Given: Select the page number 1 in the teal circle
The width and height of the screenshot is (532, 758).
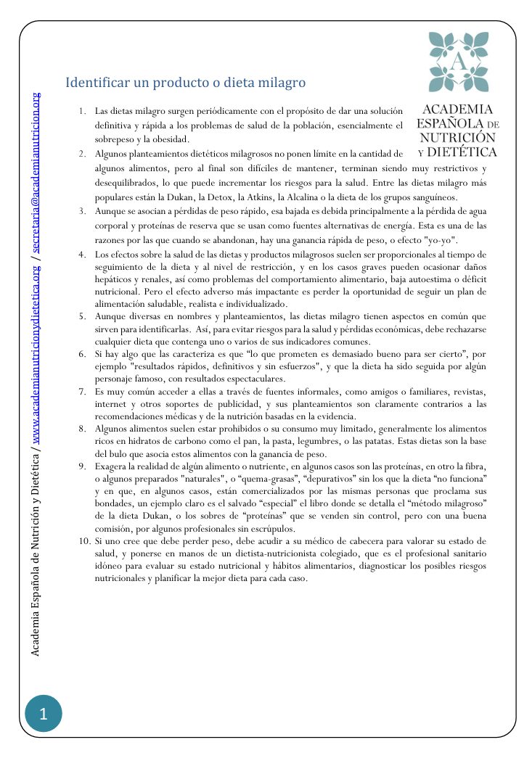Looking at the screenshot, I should click(43, 714).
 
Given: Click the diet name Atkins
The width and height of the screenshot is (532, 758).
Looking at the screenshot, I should click(337, 197).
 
